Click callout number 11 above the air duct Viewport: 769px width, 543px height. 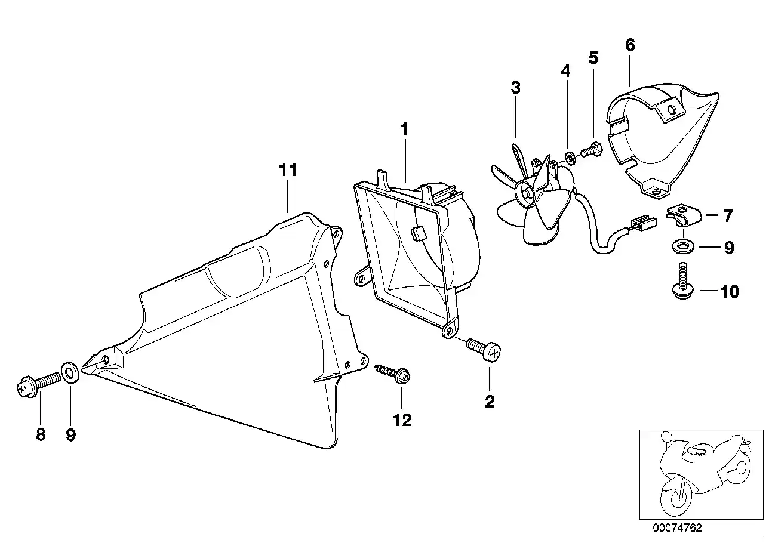pos(288,170)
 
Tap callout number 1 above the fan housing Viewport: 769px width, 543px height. pos(404,129)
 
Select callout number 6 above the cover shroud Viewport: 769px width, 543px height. pos(630,45)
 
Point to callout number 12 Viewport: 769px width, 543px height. pos(402,420)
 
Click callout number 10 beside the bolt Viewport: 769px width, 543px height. pos(730,292)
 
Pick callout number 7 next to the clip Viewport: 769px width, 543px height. pos(728,216)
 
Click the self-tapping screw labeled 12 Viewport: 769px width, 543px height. pos(392,374)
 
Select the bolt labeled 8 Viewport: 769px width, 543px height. pos(38,385)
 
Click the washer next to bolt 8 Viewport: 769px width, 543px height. pos(70,372)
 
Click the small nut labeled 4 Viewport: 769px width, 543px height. pos(571,158)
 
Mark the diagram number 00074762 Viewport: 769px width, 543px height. pos(677,528)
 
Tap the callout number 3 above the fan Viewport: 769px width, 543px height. pos(515,88)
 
